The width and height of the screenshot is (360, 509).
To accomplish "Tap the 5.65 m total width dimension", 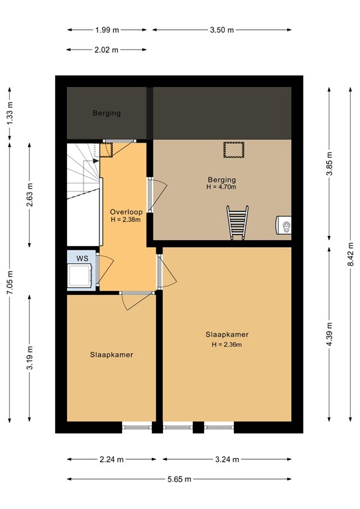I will pyautogui.click(x=179, y=479).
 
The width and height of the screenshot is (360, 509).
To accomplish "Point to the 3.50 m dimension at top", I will pyautogui.click(x=222, y=30).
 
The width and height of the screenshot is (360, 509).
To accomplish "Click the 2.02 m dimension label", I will pyautogui.click(x=107, y=50).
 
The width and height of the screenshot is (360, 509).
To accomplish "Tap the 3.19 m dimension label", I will pyautogui.click(x=30, y=359).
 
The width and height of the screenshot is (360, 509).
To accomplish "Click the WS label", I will pyautogui.click(x=82, y=257).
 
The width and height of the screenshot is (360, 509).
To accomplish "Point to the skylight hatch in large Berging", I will pyautogui.click(x=233, y=150).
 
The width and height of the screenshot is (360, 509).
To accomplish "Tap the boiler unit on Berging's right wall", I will pyautogui.click(x=284, y=227).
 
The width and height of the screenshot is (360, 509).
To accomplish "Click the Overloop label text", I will pyautogui.click(x=126, y=212).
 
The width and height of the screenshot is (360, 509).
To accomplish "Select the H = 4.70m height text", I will pyautogui.click(x=221, y=188).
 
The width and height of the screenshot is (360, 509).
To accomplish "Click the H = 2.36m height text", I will pyautogui.click(x=227, y=344).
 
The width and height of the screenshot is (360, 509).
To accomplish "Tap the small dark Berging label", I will pyautogui.click(x=106, y=113).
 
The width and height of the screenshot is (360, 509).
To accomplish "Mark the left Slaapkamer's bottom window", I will pyautogui.click(x=137, y=427).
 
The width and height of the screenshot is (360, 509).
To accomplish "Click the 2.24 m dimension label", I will pyautogui.click(x=111, y=459).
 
